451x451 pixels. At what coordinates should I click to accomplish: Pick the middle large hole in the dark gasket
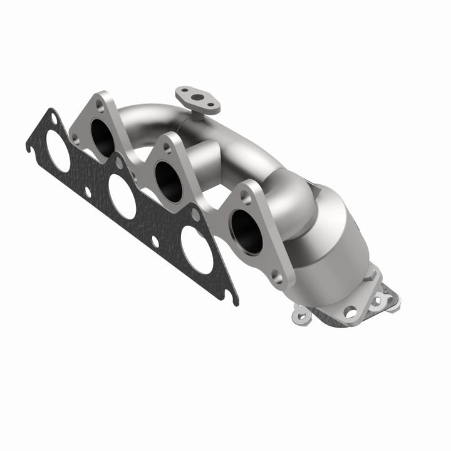point(122,196)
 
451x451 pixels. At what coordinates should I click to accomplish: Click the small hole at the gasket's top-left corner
point(52,118)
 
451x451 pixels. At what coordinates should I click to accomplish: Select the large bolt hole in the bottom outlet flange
point(350,311)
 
